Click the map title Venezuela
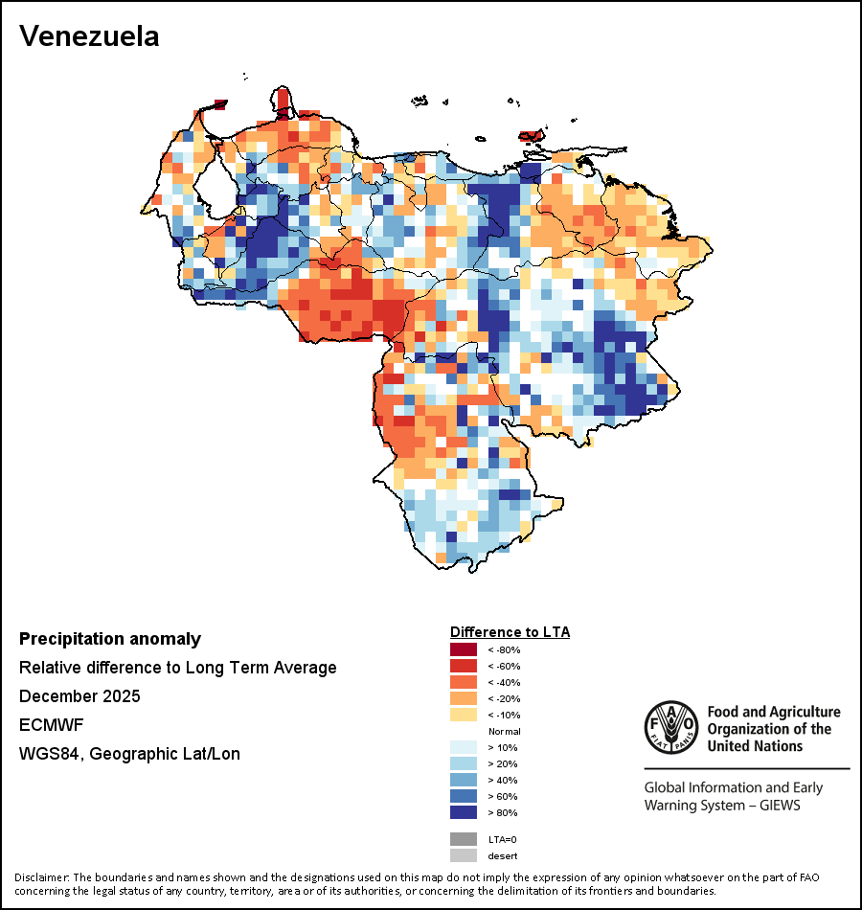pos(89,36)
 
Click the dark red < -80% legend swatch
pos(464,649)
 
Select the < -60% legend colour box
pos(464,666)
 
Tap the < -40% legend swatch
pos(464,682)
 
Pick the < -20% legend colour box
pos(464,698)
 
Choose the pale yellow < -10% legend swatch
pos(464,715)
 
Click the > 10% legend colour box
pos(464,747)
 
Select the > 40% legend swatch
pos(464,780)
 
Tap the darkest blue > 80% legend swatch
pos(464,812)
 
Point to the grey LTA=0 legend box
pos(464,839)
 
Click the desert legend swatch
pos(464,855)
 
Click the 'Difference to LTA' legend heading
pos(510,632)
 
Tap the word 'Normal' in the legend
pos(504,731)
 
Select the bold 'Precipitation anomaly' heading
pos(110,639)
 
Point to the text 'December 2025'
pos(79,696)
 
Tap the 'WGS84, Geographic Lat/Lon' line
pos(129,754)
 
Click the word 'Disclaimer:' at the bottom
pos(41,877)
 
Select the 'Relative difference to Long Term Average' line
pos(178,668)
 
